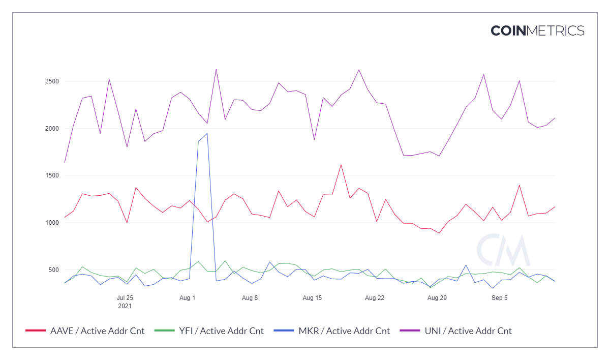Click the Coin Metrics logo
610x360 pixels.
[x=537, y=31]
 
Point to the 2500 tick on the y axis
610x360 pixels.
[x=52, y=81]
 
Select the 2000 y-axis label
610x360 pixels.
[x=52, y=129]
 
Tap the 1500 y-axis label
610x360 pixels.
[x=52, y=175]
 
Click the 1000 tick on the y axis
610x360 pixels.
[x=52, y=223]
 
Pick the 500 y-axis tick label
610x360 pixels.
[x=54, y=269]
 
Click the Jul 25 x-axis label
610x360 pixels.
[x=125, y=298]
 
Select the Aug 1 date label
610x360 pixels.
[x=188, y=298]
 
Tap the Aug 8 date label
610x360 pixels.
[x=250, y=298]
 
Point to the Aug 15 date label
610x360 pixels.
[x=312, y=298]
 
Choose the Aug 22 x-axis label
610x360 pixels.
[x=375, y=298]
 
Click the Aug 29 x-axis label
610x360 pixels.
[x=437, y=298]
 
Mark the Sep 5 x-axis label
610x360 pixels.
[x=499, y=298]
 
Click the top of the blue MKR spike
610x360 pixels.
[x=207, y=133]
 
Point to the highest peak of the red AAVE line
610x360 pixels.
[x=341, y=165]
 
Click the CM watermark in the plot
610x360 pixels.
[x=503, y=250]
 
